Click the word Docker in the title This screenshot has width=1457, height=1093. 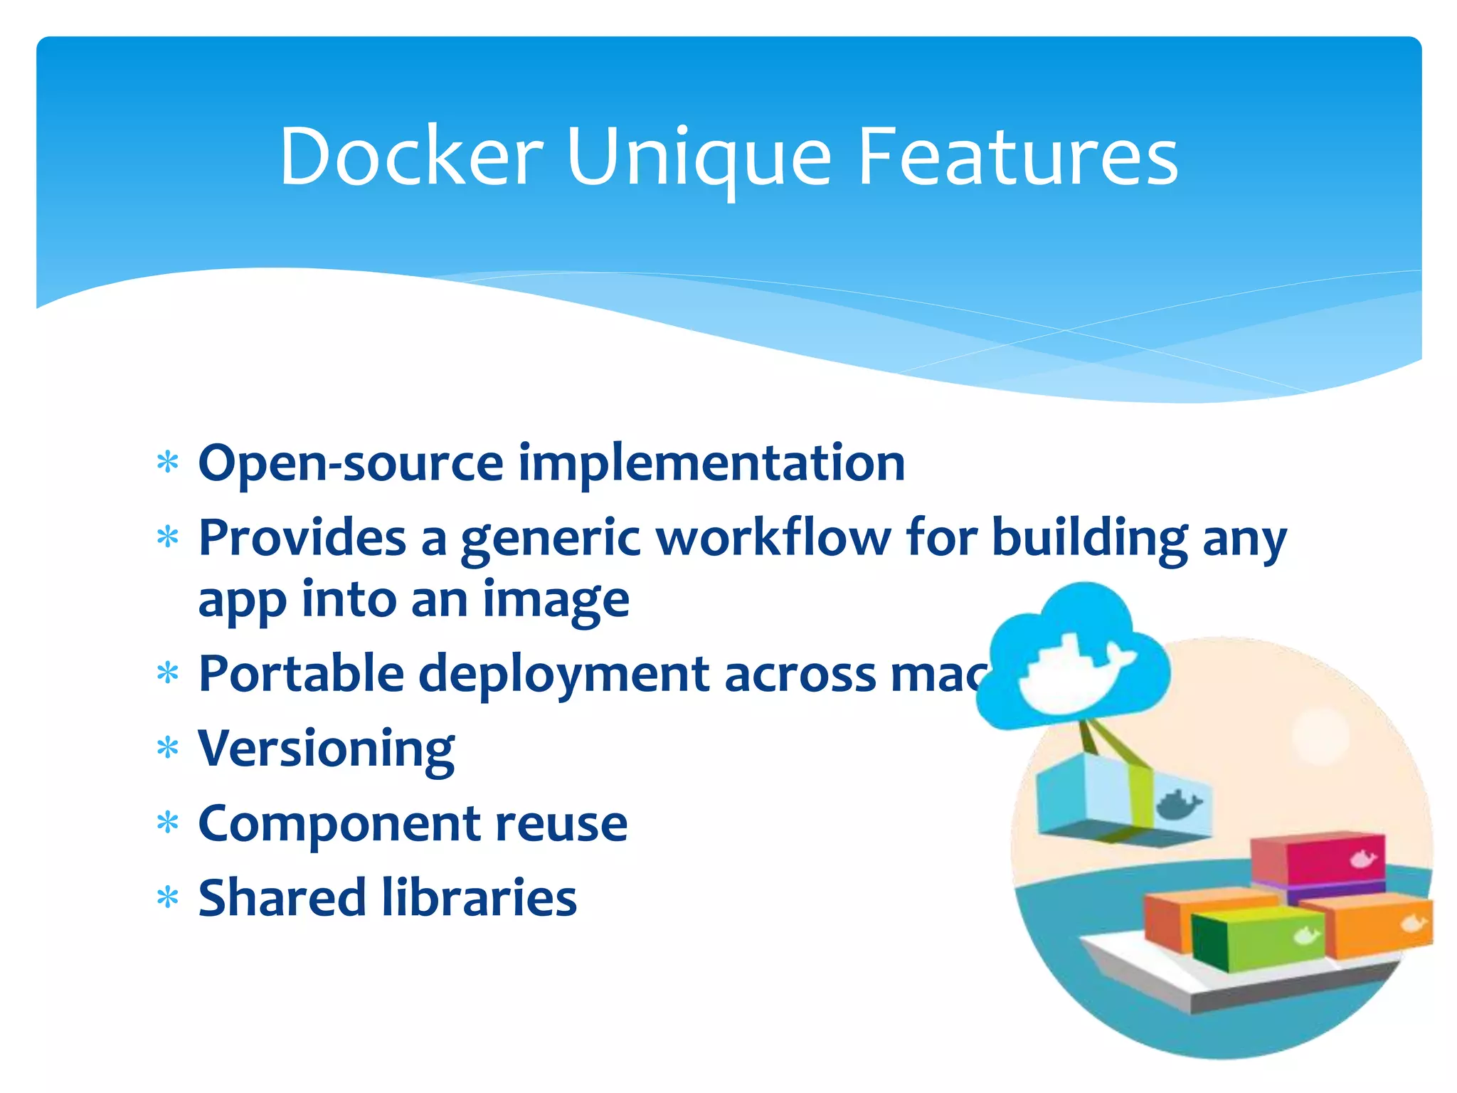tap(411, 157)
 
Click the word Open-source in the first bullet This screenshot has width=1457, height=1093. tap(351, 464)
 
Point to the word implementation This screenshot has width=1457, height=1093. tap(711, 464)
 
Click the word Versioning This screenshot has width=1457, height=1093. tap(326, 750)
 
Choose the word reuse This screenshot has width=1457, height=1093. tap(561, 824)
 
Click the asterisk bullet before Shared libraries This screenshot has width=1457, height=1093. tap(167, 898)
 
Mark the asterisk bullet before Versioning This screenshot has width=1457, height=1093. tap(167, 749)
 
